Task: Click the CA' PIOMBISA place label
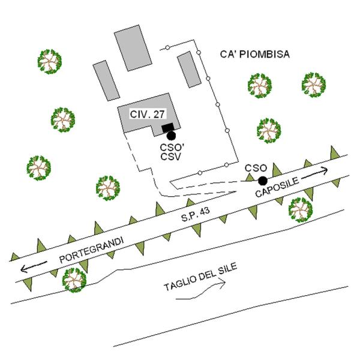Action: click(x=255, y=55)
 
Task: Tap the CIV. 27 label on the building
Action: click(x=147, y=114)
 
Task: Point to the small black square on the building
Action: click(x=167, y=128)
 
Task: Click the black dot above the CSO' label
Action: click(x=171, y=136)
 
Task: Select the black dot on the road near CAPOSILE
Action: click(x=263, y=181)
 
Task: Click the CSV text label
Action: click(x=171, y=157)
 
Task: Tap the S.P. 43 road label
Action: click(x=196, y=214)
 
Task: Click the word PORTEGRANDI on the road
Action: click(x=92, y=250)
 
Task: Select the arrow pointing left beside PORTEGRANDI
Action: click(x=34, y=266)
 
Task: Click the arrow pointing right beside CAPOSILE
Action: click(x=314, y=173)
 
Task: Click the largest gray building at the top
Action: click(x=133, y=48)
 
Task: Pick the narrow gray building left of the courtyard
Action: click(x=106, y=80)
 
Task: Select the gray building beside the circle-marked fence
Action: click(x=189, y=70)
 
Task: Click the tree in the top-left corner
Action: click(x=50, y=62)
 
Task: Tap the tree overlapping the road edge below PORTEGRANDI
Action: click(x=74, y=280)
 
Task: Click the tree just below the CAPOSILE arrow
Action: click(x=301, y=210)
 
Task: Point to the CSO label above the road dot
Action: click(x=256, y=168)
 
